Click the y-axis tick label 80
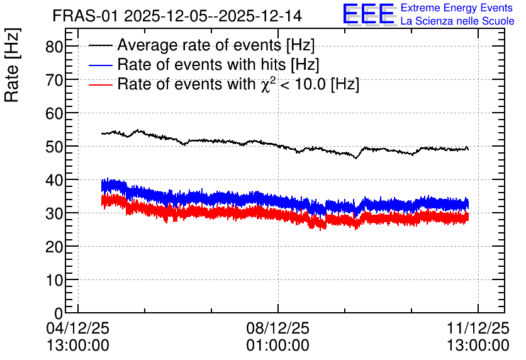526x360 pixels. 54,47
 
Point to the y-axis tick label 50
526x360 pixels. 54,147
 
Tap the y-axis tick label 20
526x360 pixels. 54,247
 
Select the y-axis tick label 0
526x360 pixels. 59,313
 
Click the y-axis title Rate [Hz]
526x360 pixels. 12,65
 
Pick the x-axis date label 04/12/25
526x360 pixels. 78,328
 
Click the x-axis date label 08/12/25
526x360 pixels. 277,328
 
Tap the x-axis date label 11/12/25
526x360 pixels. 478,328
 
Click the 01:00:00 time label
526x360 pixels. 277,346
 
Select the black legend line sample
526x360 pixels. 100,45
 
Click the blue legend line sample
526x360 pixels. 100,65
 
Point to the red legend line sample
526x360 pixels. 100,84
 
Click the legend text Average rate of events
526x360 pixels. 199,45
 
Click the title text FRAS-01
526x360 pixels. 85,16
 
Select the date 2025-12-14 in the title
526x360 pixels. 260,16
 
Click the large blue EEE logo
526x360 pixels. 369,14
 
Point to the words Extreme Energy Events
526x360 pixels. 457,8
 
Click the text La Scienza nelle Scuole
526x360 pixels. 457,21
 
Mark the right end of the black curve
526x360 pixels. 468,150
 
